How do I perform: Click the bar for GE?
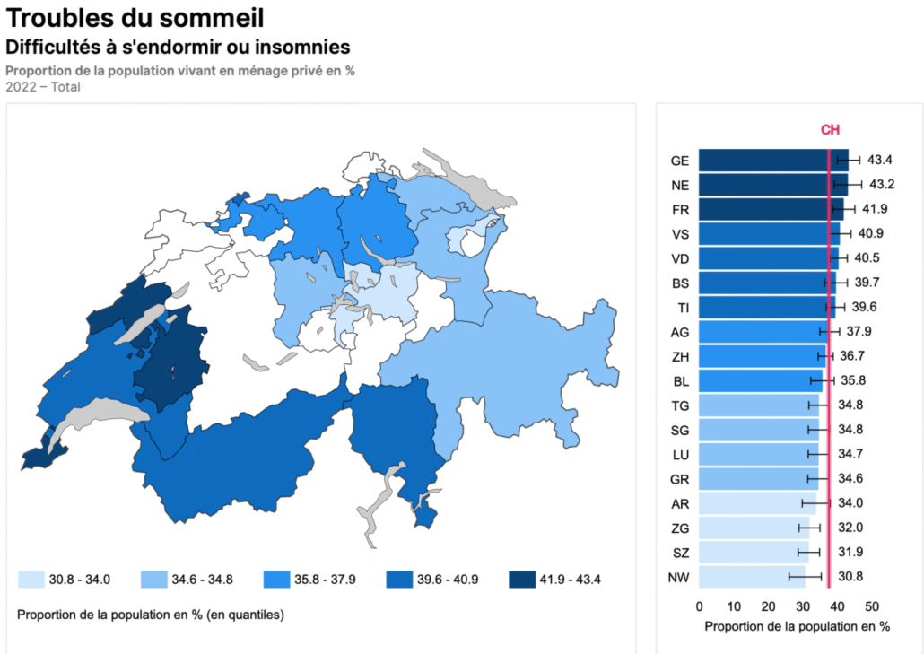pos(773,161)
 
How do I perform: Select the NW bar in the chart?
pos(752,577)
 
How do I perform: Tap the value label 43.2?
pos(882,185)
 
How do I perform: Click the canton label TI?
pos(683,308)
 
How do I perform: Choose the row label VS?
pos(680,234)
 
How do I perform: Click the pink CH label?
pos(830,129)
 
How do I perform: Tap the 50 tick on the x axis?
pos(872,606)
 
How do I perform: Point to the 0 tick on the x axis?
pos(699,606)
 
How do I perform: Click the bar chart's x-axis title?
pos(798,627)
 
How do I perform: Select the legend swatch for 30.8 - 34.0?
pos(31,580)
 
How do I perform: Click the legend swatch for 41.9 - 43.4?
pos(522,580)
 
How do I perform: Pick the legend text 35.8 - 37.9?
pos(325,580)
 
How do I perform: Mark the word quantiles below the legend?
pos(254,615)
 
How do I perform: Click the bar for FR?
pos(771,210)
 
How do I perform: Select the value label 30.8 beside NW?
pos(850,576)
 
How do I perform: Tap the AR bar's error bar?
pos(816,503)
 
